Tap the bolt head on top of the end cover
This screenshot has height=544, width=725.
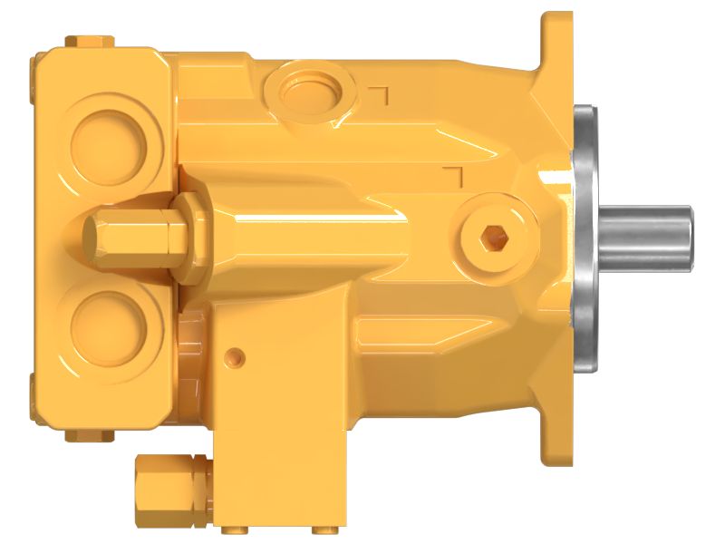89,40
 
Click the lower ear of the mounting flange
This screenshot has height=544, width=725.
555,435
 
